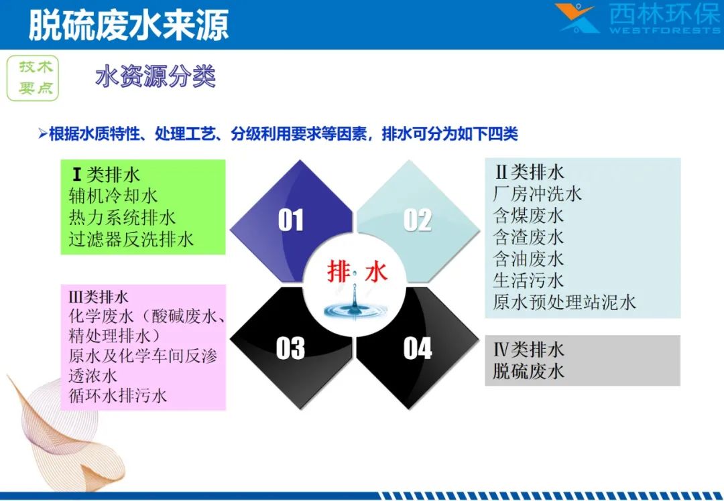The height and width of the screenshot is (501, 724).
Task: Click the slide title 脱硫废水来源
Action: pyautogui.click(x=129, y=24)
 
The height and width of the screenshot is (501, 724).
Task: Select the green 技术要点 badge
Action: pyautogui.click(x=33, y=78)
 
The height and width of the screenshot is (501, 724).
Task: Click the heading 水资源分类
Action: pyautogui.click(x=156, y=76)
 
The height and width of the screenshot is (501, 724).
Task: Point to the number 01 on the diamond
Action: pyautogui.click(x=291, y=220)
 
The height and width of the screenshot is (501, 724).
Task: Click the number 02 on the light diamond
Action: pyautogui.click(x=418, y=220)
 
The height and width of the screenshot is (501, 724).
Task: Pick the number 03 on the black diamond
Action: pyautogui.click(x=290, y=348)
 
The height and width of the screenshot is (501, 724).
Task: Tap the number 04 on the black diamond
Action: pyautogui.click(x=418, y=348)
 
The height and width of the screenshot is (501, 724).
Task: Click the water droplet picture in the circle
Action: pyautogui.click(x=355, y=302)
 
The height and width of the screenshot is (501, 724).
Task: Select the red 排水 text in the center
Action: pyautogui.click(x=357, y=271)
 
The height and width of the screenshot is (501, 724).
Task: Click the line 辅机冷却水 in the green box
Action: pyautogui.click(x=113, y=196)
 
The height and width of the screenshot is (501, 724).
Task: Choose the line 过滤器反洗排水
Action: pyautogui.click(x=131, y=239)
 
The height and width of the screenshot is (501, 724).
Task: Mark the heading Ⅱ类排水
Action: pyautogui.click(x=530, y=172)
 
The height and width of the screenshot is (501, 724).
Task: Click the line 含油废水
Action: pyautogui.click(x=529, y=259)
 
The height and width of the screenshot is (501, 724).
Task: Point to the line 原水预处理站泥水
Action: pyautogui.click(x=564, y=301)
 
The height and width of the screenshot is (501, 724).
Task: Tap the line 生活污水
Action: pyautogui.click(x=529, y=280)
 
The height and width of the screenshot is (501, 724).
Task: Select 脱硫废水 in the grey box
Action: pyautogui.click(x=529, y=371)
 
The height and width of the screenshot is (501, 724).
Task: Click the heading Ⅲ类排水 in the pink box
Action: pyautogui.click(x=99, y=296)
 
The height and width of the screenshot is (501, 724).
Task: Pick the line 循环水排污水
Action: pyautogui.click(x=118, y=395)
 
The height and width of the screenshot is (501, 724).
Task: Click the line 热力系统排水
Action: pyautogui.click(x=123, y=217)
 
